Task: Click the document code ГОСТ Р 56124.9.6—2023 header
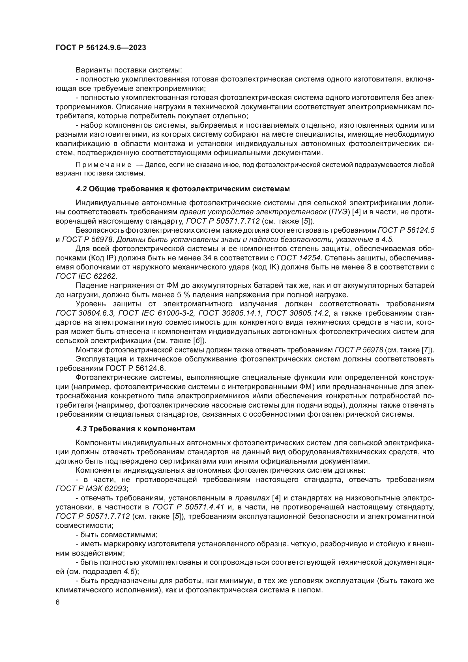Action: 101,48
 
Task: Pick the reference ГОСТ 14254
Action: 298,258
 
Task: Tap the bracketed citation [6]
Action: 197,340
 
